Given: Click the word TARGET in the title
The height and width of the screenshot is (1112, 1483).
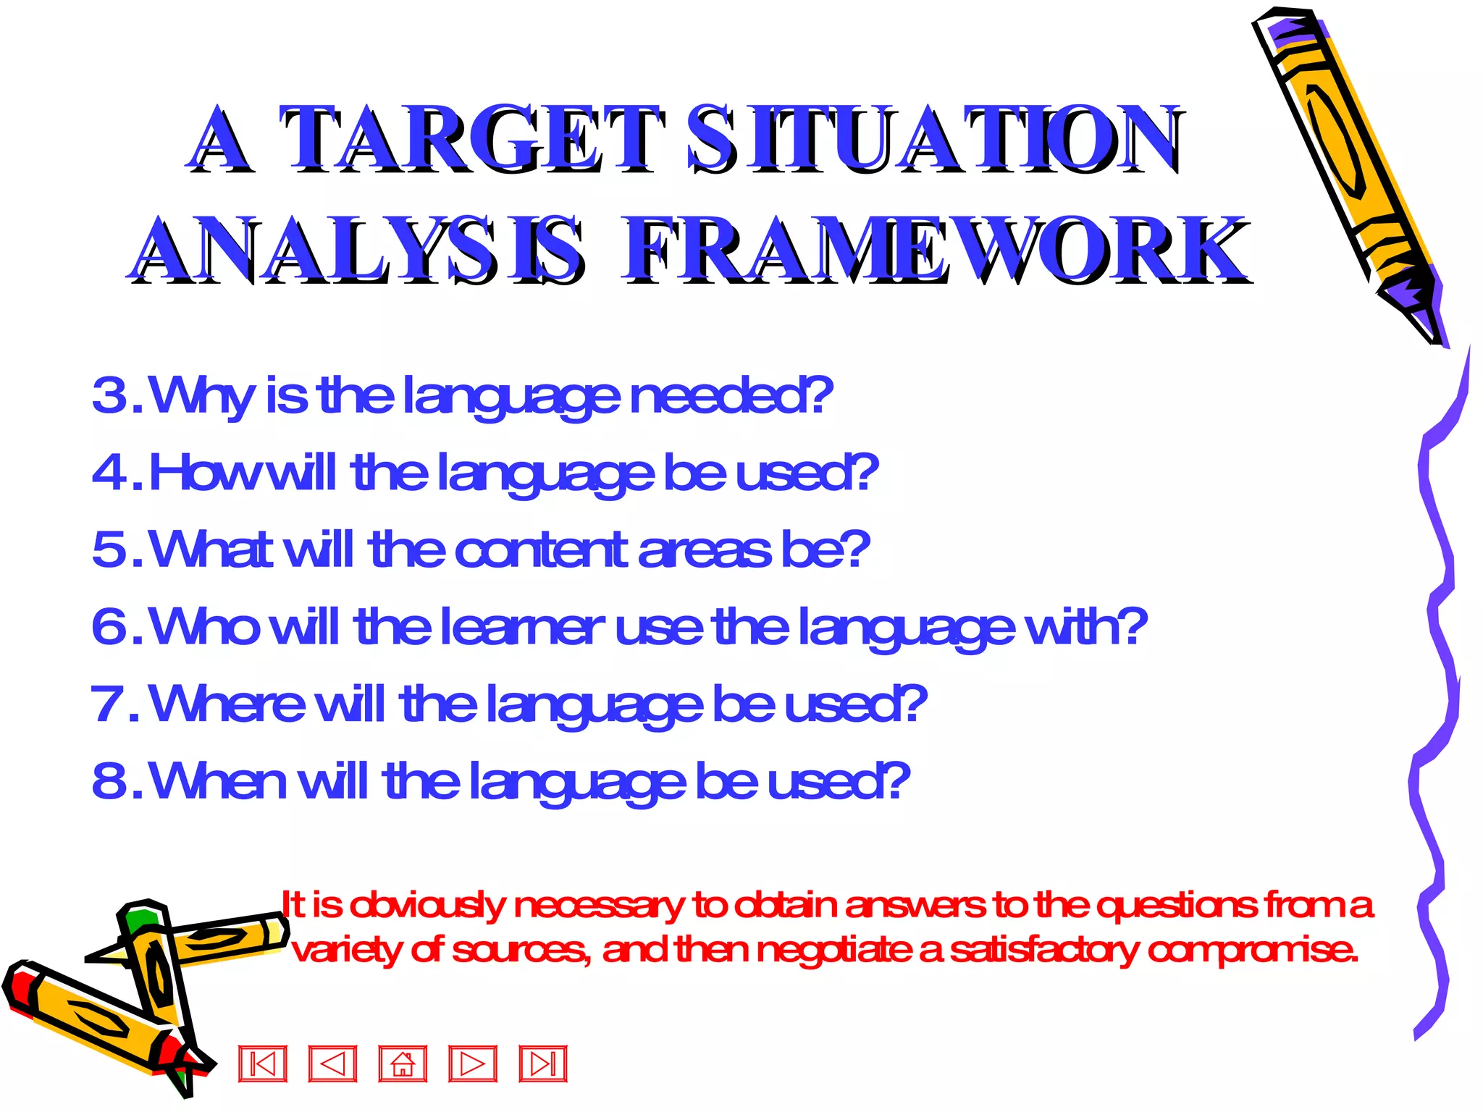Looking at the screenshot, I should point(471,139).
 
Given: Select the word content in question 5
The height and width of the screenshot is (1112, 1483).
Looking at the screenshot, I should point(539,550).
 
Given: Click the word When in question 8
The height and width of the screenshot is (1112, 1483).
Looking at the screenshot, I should point(217,781).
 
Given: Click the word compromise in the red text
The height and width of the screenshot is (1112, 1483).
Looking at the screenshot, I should point(1253,950).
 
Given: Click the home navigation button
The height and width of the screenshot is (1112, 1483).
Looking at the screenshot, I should point(403,1064).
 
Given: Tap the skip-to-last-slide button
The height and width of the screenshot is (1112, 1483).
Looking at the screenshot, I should point(543,1064).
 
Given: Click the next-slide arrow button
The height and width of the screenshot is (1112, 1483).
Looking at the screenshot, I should point(473,1064).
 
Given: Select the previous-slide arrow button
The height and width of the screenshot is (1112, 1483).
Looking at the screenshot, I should point(332,1064).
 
